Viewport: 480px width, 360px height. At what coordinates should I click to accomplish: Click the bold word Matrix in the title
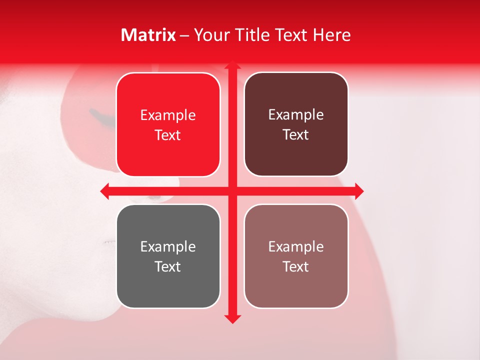click(x=148, y=35)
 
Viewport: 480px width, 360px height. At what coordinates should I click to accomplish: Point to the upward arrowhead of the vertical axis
click(x=232, y=65)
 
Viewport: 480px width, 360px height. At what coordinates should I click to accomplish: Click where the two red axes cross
click(x=232, y=190)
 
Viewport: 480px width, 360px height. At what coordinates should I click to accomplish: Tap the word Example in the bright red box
click(x=168, y=115)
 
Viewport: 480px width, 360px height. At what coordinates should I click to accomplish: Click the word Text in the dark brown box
click(x=296, y=135)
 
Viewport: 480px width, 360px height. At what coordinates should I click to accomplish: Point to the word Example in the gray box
click(x=168, y=247)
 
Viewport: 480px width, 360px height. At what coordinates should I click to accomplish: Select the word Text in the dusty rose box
click(x=296, y=266)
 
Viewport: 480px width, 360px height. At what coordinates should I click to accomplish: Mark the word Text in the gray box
click(x=168, y=266)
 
